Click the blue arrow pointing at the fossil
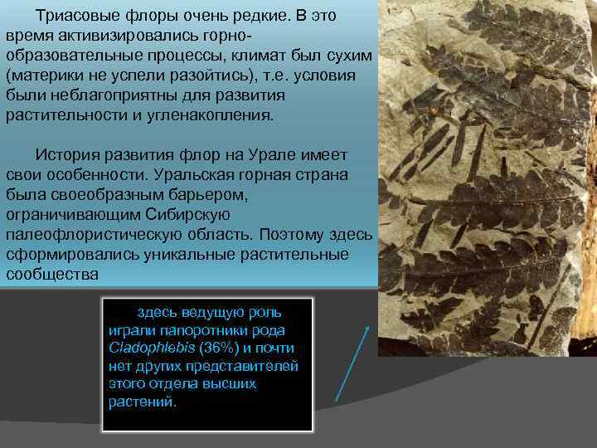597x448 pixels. [353, 361]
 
